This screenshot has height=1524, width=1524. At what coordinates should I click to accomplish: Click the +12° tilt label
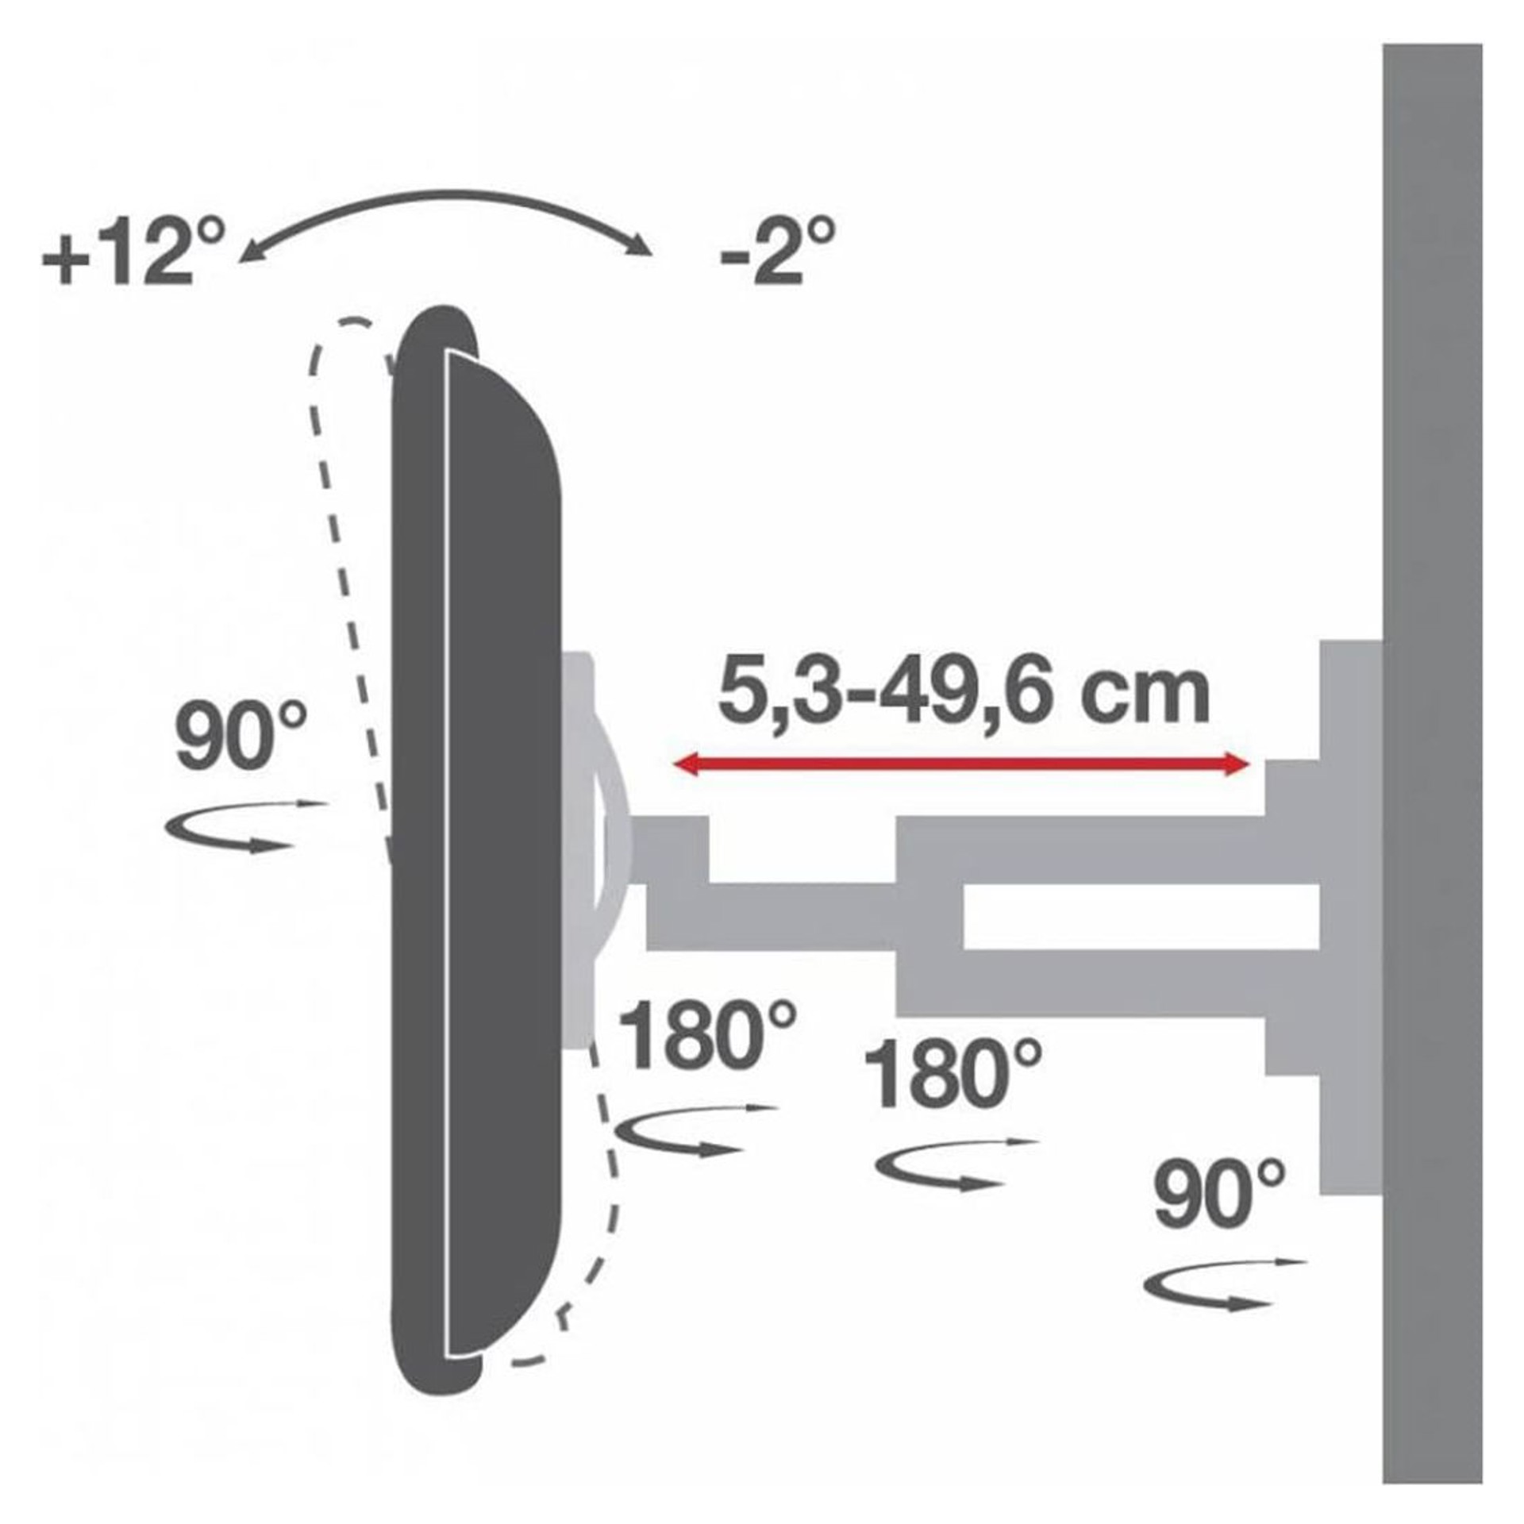pyautogui.click(x=133, y=252)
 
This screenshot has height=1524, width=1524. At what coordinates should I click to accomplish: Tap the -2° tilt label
pyautogui.click(x=777, y=252)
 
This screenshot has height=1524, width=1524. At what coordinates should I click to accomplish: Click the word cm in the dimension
pyautogui.click(x=1162, y=698)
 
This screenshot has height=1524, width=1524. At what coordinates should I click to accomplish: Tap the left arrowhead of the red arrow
pyautogui.click(x=687, y=765)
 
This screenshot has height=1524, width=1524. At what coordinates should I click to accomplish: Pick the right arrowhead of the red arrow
pyautogui.click(x=1235, y=765)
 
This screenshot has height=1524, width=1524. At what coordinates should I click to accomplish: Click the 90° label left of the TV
pyautogui.click(x=241, y=737)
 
